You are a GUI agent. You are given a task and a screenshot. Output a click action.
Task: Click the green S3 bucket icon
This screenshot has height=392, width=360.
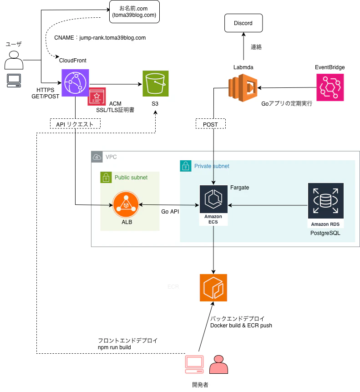click(155, 84)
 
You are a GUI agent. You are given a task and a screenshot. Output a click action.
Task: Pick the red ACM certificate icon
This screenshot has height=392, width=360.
click(96, 97)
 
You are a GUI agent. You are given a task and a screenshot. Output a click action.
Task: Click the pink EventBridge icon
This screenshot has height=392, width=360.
click(330, 87)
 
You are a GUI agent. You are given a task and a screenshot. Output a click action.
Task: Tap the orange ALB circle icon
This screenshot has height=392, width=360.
click(125, 206)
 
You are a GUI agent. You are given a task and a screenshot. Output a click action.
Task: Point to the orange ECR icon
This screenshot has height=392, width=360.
click(213, 287)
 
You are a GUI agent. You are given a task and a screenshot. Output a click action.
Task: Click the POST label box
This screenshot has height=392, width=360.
click(210, 124)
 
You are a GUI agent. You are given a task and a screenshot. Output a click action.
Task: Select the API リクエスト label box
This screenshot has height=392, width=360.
click(75, 124)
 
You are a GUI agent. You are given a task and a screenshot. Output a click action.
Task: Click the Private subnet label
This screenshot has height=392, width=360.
click(212, 166)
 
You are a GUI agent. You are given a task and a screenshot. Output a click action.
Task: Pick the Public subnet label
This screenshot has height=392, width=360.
click(131, 178)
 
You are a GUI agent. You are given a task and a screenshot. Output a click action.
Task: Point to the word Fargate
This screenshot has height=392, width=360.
click(239, 188)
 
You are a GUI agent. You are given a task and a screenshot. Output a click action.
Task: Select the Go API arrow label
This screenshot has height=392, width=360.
click(171, 212)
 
